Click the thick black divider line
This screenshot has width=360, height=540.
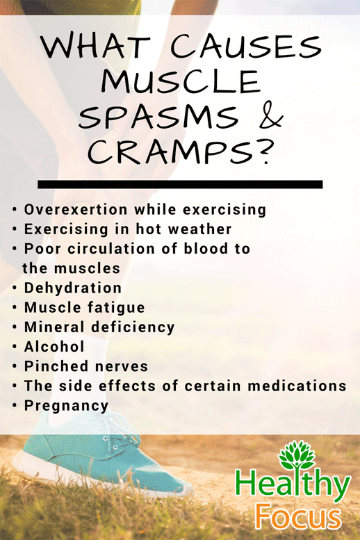click(180, 185)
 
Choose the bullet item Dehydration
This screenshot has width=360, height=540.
click(72, 288)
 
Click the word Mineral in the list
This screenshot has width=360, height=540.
click(51, 327)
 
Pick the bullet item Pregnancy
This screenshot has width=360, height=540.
click(66, 405)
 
